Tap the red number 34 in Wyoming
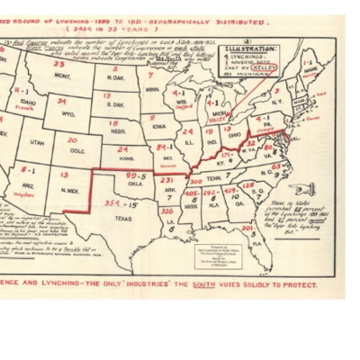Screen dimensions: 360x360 click(x=68, y=101)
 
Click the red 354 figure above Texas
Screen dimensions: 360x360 click(x=112, y=203)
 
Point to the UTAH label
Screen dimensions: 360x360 click(x=37, y=142)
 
